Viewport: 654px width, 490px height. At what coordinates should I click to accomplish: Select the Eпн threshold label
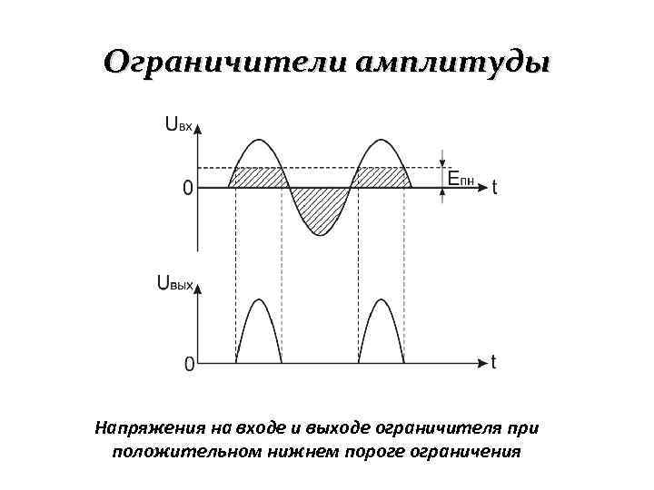click(461, 179)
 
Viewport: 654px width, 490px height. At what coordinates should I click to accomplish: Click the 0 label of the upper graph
click(187, 189)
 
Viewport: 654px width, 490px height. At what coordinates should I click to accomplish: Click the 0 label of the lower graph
click(189, 364)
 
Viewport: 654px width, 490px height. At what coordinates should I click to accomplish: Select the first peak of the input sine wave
click(259, 142)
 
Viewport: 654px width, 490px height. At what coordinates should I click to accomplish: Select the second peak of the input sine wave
click(381, 142)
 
